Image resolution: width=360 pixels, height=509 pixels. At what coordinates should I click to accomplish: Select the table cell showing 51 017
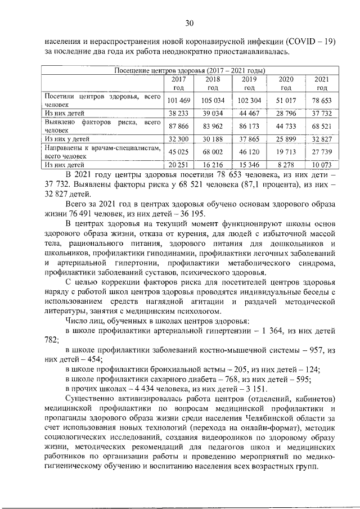tap(286, 100)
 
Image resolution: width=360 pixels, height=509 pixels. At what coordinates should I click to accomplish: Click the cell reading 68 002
tap(213, 151)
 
